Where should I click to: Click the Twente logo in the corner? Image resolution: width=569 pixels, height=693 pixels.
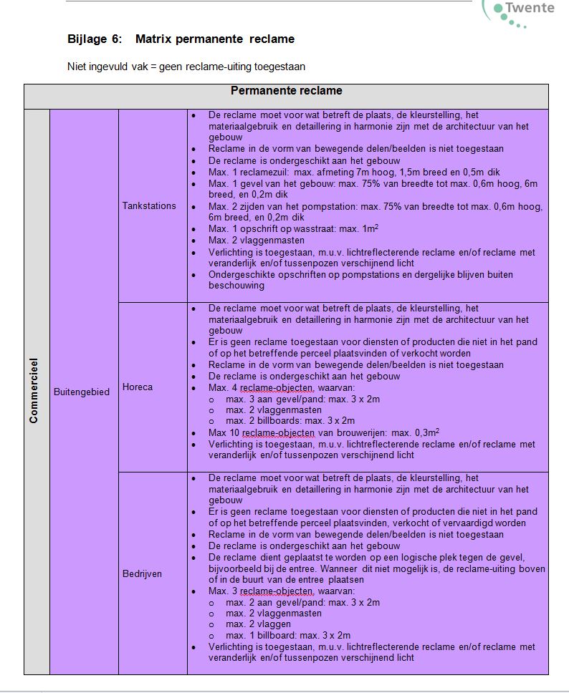[522, 11]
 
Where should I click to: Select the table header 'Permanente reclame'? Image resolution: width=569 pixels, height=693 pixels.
[286, 91]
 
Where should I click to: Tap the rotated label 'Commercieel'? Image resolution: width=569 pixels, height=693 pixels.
[34, 390]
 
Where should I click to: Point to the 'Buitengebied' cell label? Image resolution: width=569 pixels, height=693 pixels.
[82, 392]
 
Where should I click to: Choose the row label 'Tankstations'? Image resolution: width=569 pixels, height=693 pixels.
[149, 206]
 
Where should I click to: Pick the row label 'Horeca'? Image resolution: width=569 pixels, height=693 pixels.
[138, 387]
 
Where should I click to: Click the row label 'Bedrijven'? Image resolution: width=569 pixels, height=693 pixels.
[143, 574]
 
